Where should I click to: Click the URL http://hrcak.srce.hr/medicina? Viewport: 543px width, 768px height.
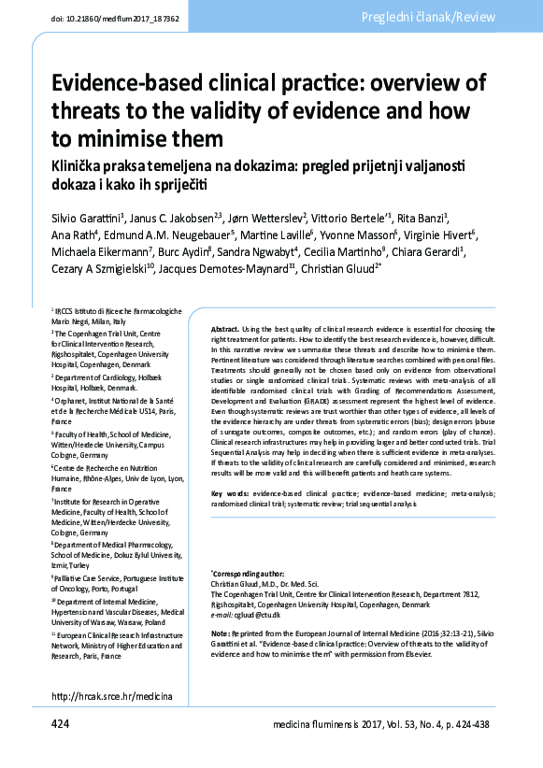(112, 696)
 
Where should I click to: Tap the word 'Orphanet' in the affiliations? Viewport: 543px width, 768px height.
(73, 399)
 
